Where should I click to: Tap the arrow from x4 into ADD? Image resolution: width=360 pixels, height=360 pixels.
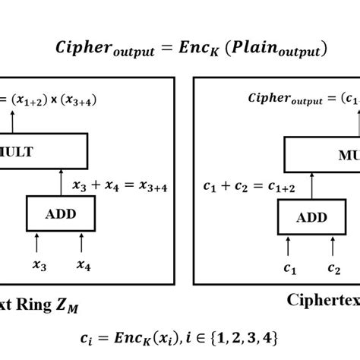[x=84, y=245]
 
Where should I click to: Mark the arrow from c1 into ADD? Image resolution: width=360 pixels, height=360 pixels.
[x=288, y=248]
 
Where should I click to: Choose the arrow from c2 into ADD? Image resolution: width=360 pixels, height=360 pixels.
[x=333, y=248]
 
